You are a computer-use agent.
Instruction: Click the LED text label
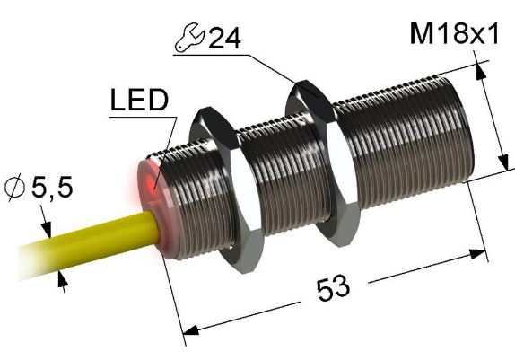pyautogui.click(x=139, y=101)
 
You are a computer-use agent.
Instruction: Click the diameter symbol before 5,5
pyautogui.click(x=15, y=189)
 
